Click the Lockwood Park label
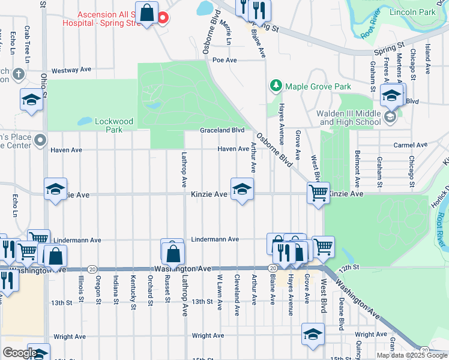coord(109,125)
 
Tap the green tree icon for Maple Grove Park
coord(276,86)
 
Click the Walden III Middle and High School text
coord(350,118)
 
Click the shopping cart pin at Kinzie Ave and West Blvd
coord(318,193)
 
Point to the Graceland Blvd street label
coord(222,130)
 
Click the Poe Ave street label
coord(225,60)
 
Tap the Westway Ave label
coord(71,70)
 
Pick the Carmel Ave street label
coord(410,145)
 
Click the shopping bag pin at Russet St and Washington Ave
coord(172,252)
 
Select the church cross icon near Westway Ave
coord(19,74)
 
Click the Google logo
coord(20,353)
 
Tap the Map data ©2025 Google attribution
coord(411,355)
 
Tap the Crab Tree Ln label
coord(27,41)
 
